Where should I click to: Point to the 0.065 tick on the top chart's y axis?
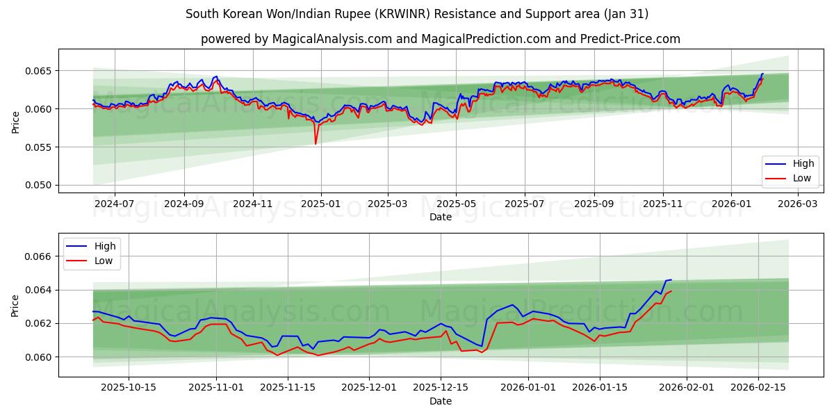38,71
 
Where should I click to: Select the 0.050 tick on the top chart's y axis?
38,185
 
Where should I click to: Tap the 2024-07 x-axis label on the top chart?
114,204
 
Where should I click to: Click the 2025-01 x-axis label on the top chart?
320,204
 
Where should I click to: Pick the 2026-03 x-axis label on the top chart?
796,204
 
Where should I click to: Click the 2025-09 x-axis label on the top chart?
594,204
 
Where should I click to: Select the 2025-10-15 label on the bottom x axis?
128,388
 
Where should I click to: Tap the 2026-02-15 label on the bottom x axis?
758,388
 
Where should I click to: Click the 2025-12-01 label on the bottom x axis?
368,388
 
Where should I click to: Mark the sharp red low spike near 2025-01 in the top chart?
316,143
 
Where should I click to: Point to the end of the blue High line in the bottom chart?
671,280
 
